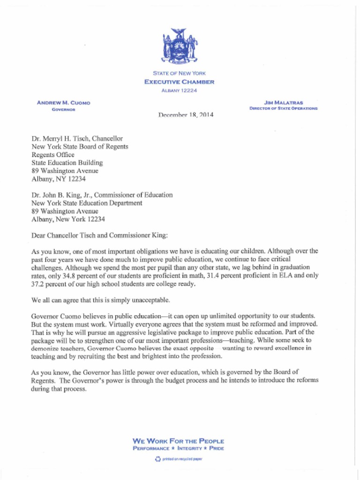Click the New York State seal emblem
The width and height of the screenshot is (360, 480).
(180, 46)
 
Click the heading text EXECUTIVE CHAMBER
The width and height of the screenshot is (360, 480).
(180, 82)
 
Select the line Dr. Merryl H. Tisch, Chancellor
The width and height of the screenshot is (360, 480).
(77, 139)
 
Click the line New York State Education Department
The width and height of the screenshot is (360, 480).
(87, 203)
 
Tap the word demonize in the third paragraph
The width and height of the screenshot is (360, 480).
(45, 348)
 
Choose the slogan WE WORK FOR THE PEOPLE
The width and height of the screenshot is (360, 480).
(179, 441)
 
